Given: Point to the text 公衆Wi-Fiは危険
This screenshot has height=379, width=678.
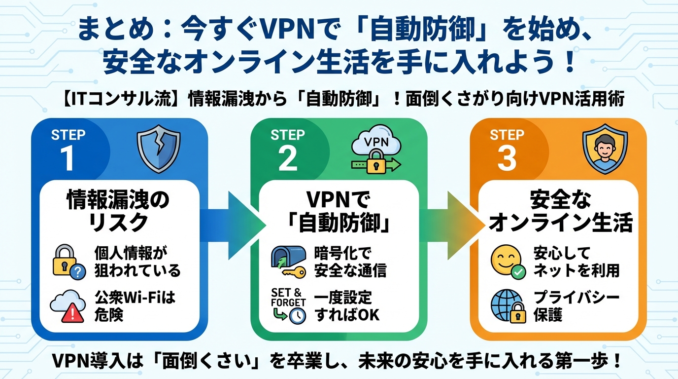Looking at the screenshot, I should (135, 306).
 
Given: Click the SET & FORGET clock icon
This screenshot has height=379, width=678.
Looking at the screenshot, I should (289, 306).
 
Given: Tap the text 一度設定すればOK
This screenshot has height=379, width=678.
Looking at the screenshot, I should (347, 306).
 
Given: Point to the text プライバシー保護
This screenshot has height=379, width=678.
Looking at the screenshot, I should (576, 306).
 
